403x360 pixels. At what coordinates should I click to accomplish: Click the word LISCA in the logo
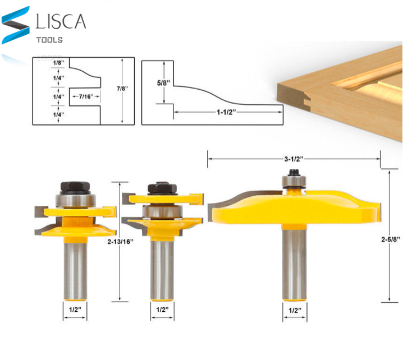pos(61,21)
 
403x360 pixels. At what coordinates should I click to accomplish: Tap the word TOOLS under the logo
pos(49,40)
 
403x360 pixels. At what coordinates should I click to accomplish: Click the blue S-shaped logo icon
pos(15,25)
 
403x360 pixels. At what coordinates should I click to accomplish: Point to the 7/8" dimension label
pos(122,89)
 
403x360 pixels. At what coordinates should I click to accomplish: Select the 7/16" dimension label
pos(86,96)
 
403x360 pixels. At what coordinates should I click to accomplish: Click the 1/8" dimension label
pos(58,63)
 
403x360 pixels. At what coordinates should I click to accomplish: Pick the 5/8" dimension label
pos(163,83)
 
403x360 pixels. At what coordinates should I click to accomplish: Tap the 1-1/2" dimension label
pos(226,112)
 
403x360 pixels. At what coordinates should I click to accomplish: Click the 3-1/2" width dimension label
pos(294,159)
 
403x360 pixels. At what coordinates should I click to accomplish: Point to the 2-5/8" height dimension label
pos(391,239)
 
